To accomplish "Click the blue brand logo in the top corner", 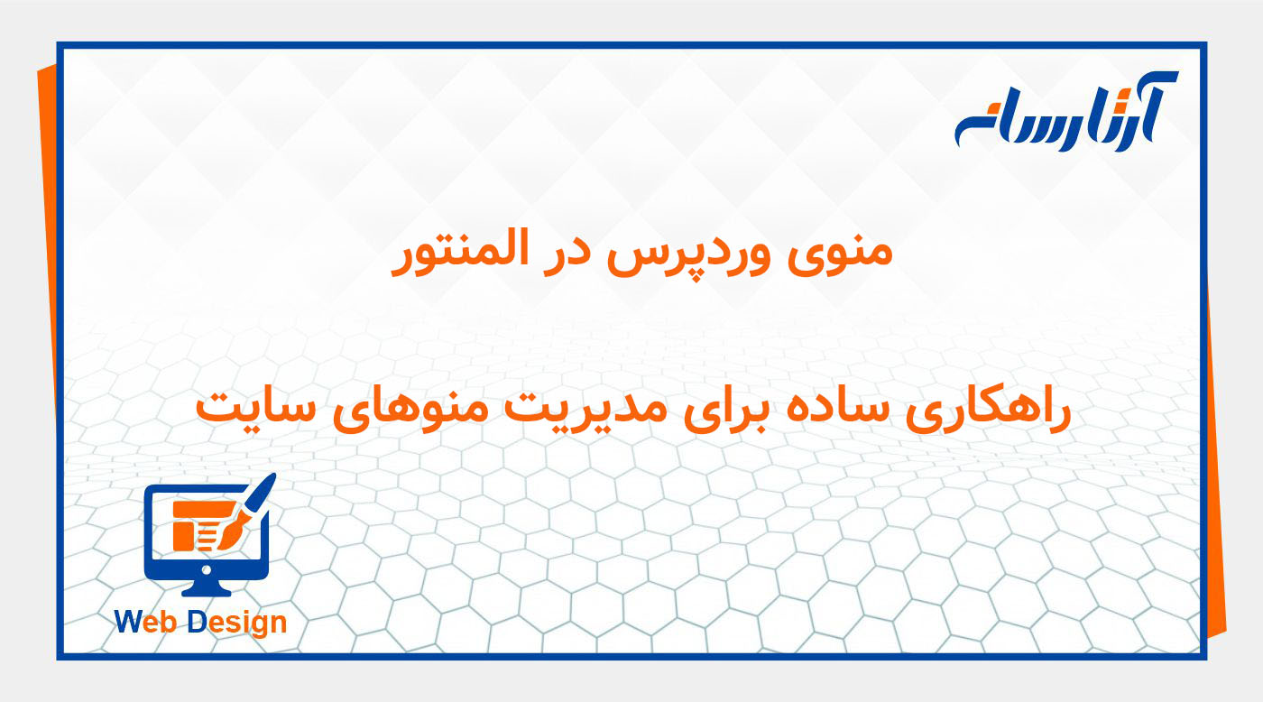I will point(1065,113).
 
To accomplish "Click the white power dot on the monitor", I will point(207,569).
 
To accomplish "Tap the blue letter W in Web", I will point(131,622).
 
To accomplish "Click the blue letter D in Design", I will point(198,622).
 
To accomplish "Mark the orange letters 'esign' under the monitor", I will point(248,623).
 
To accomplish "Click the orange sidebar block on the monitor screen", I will point(183,534).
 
